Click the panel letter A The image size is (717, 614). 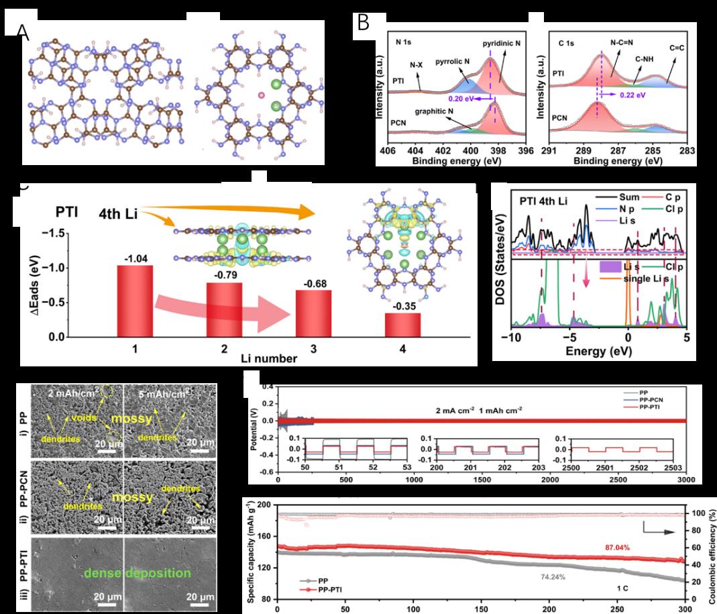(23, 31)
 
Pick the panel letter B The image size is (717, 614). (363, 23)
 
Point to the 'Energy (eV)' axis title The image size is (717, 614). (596, 351)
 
